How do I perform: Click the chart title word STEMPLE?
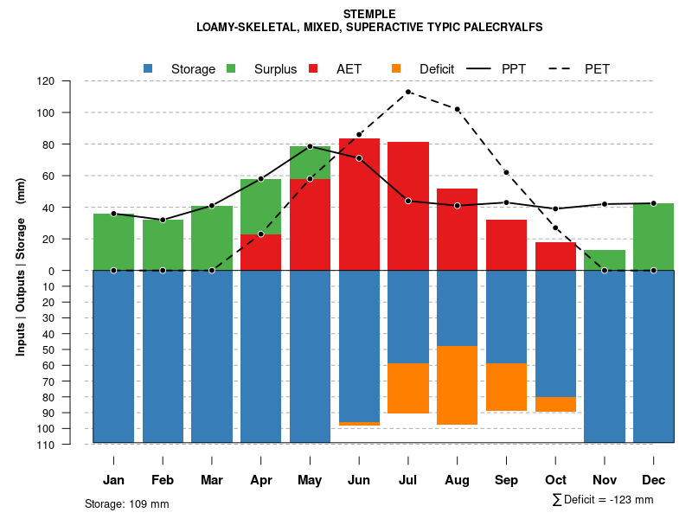pos(369,14)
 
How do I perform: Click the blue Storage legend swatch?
pos(148,68)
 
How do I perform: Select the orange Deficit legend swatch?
pos(396,68)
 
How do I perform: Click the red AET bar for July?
pos(408,206)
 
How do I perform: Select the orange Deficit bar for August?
pos(457,385)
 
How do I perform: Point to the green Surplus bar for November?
pos(605,260)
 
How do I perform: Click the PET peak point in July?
pos(408,92)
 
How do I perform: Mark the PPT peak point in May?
pos(310,146)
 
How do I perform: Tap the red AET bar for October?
pos(555,256)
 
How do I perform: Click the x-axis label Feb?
pos(163,480)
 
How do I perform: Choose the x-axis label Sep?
pos(506,480)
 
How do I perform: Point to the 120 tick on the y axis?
pos(70,81)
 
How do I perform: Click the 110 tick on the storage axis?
pos(70,445)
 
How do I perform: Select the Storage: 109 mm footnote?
pos(127,503)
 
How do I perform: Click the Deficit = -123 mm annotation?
pos(603,500)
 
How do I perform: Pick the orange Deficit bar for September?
pos(506,387)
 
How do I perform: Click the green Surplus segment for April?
pos(260,207)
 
